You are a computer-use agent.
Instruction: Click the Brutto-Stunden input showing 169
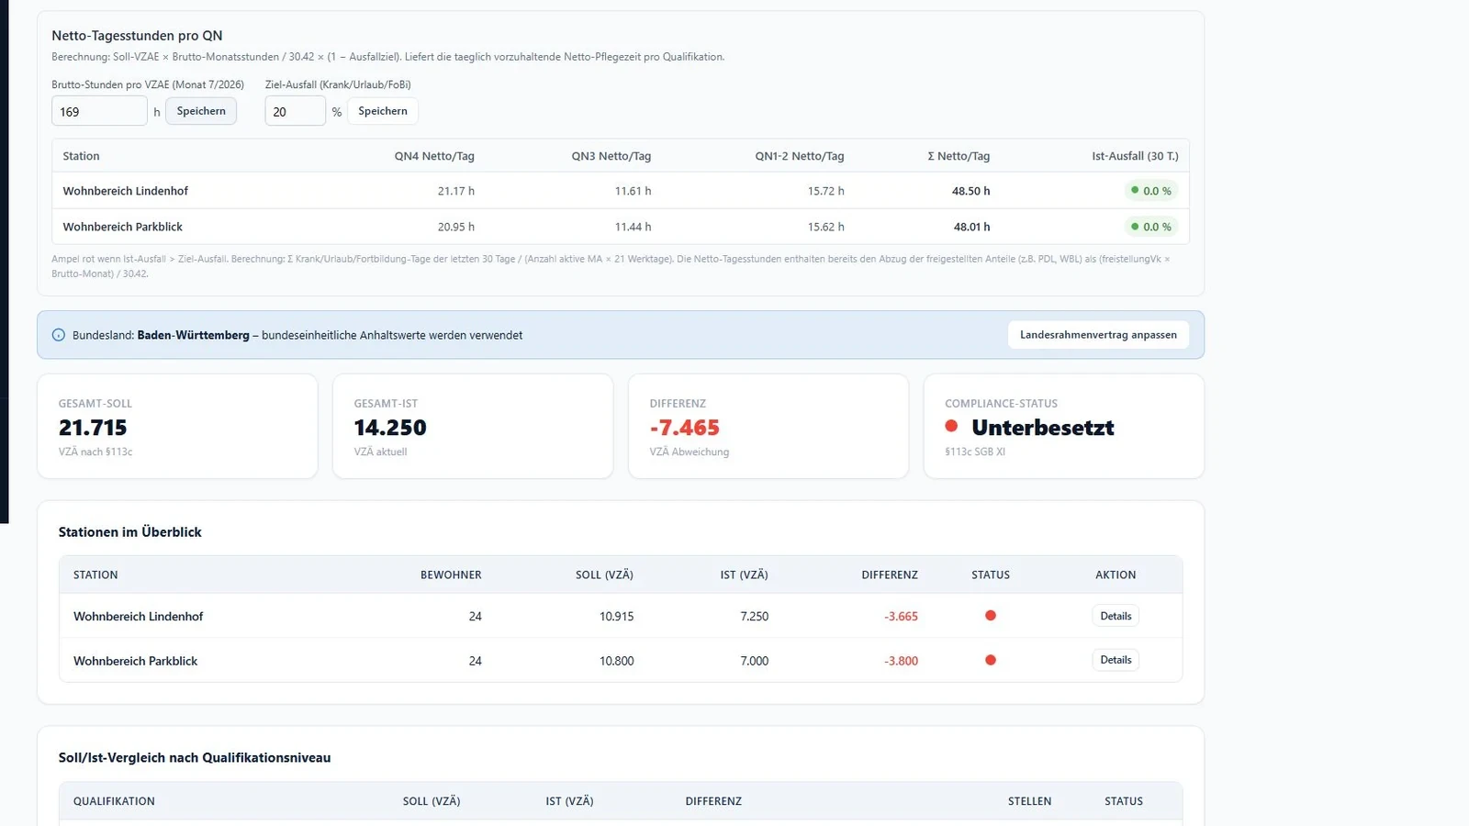click(x=99, y=111)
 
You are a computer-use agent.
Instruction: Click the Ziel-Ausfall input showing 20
click(x=295, y=111)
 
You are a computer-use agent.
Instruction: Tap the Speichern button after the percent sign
click(x=382, y=111)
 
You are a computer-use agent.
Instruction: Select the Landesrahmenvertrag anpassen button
click(x=1098, y=335)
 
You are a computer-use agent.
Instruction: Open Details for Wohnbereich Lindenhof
click(x=1116, y=616)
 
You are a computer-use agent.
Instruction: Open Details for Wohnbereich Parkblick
click(x=1116, y=660)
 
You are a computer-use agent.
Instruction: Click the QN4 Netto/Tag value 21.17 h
click(x=455, y=191)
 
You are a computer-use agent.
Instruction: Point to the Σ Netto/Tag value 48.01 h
click(x=972, y=227)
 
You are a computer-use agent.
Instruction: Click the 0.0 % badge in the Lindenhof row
click(x=1151, y=191)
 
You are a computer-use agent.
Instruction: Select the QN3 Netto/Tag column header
click(x=611, y=156)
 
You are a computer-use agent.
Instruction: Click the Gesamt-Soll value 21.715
click(x=93, y=428)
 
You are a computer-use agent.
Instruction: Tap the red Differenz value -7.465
click(x=685, y=428)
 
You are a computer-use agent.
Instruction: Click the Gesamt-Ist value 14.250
click(x=390, y=428)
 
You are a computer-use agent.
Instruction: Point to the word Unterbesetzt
click(x=1043, y=428)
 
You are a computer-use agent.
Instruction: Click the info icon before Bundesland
click(x=59, y=335)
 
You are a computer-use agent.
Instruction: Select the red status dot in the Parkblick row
click(x=991, y=660)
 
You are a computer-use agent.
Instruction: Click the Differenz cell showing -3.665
click(x=901, y=616)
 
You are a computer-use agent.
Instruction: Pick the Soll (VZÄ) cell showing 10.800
click(x=616, y=661)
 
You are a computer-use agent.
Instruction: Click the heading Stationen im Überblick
click(x=129, y=532)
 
